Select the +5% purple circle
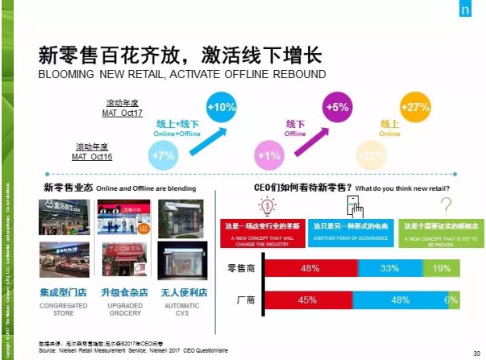338,107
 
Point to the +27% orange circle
416,108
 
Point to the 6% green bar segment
453,301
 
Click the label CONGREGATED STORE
64,310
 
